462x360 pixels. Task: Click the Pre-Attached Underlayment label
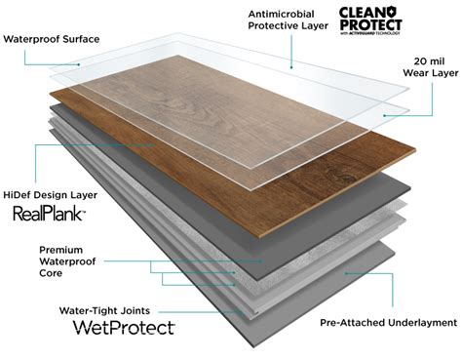pyautogui.click(x=387, y=322)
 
